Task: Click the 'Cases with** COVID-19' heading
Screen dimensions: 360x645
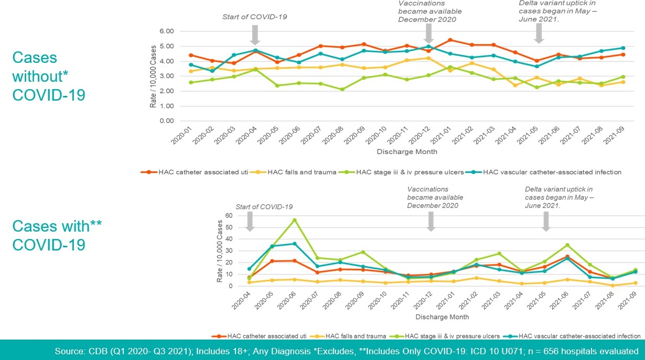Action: pos(57,235)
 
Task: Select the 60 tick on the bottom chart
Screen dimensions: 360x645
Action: pos(229,215)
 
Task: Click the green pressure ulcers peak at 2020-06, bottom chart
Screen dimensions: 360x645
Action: pos(295,220)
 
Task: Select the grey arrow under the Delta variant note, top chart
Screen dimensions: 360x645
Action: pos(539,34)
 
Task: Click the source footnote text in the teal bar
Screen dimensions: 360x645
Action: pos(346,351)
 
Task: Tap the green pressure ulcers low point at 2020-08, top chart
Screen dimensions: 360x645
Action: pos(342,89)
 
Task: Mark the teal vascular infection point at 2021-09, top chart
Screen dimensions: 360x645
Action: pos(623,48)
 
